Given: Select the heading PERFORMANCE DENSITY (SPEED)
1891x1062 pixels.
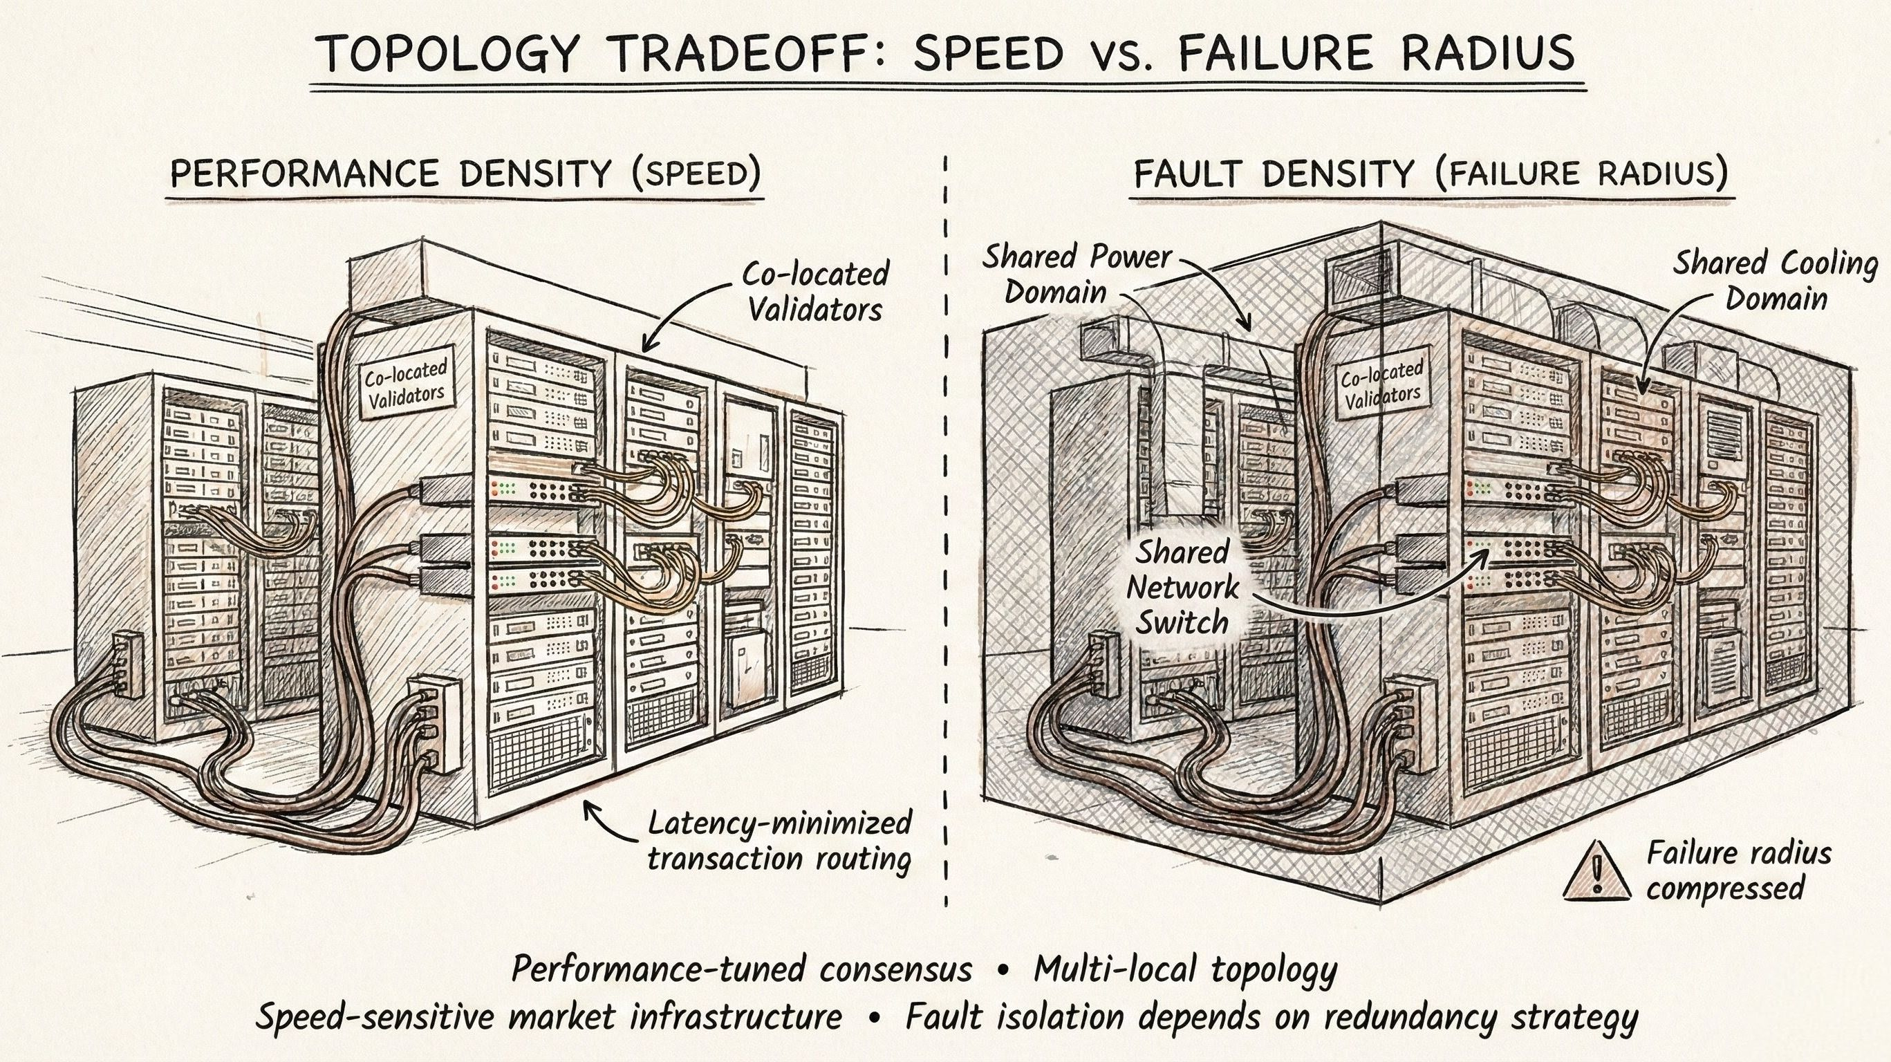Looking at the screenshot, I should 465,174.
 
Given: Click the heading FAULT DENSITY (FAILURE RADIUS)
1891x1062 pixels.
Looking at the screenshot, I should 1431,175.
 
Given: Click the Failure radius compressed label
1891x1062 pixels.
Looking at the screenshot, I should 1738,871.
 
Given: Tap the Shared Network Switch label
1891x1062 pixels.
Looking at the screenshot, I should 1182,587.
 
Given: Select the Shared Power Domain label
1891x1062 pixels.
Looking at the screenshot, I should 1077,274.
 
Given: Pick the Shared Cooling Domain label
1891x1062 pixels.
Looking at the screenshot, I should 1775,281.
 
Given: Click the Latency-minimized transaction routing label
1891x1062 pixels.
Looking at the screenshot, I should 780,840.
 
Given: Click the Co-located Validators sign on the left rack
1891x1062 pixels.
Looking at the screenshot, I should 406,386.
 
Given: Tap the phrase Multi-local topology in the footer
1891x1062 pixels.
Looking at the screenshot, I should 1185,969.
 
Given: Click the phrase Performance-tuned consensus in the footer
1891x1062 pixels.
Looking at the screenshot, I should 741,969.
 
